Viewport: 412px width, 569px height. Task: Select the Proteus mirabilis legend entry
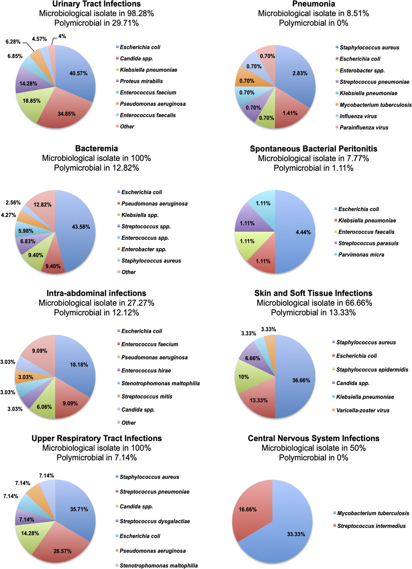click(x=141, y=81)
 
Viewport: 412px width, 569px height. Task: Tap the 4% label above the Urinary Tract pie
click(x=62, y=36)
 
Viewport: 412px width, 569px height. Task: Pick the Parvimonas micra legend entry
click(x=361, y=255)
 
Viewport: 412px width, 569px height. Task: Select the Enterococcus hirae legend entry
click(x=146, y=371)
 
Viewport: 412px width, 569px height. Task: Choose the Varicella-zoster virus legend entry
click(x=363, y=410)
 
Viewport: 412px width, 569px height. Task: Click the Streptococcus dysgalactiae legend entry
click(x=155, y=521)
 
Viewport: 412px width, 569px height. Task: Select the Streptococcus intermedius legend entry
click(x=371, y=526)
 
